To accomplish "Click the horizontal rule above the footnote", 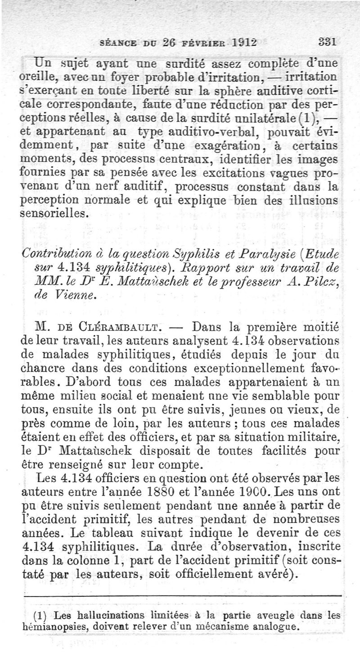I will (x=180, y=597).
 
